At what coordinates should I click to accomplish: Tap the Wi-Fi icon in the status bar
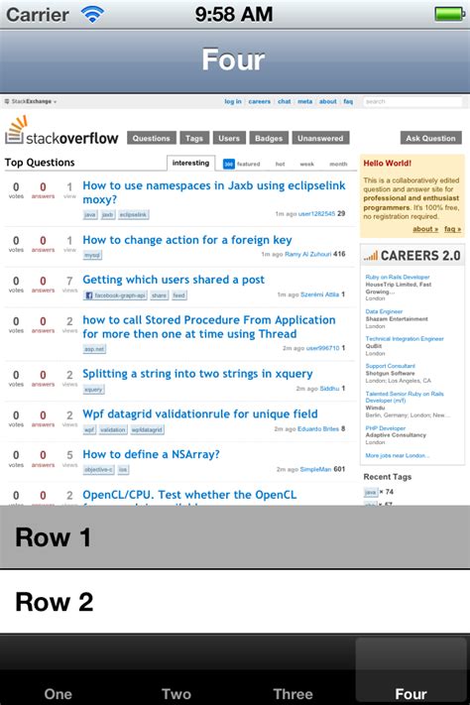[92, 14]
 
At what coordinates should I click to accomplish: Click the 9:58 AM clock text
[234, 14]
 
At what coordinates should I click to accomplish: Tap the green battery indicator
[450, 14]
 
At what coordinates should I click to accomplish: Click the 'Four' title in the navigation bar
[234, 59]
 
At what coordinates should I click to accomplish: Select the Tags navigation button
[194, 138]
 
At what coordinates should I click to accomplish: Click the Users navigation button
[229, 138]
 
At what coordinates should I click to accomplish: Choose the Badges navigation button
[268, 138]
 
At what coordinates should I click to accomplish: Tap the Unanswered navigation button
[320, 138]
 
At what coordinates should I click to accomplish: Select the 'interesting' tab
[190, 163]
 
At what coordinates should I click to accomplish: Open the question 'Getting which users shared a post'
[174, 280]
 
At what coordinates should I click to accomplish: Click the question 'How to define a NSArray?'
[157, 454]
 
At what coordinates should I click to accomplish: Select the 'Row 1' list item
[235, 537]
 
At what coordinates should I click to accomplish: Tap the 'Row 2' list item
[235, 602]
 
